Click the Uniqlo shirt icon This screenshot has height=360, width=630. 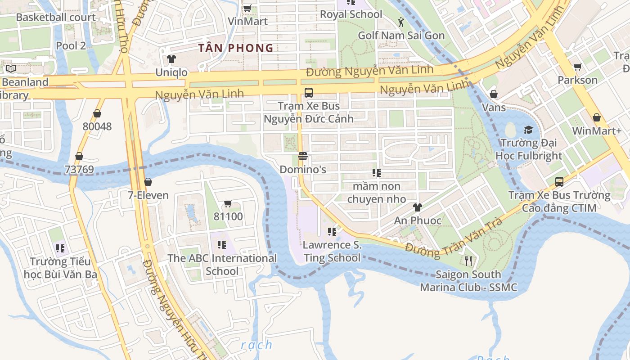coord(171,59)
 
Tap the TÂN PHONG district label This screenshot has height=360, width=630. coord(236,48)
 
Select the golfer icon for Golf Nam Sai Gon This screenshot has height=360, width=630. coord(401,22)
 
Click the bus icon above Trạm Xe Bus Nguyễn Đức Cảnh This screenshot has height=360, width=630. coord(308,93)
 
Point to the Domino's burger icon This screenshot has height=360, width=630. coord(302,156)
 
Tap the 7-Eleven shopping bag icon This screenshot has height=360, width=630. coord(148,182)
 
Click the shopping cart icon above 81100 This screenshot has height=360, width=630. coord(228,203)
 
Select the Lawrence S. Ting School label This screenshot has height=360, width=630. coord(332,252)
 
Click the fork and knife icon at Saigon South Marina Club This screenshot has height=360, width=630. coord(468,261)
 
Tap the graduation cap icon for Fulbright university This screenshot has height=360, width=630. coord(528,130)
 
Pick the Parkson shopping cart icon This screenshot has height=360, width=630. coord(577,67)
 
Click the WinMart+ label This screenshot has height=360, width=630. coord(596,131)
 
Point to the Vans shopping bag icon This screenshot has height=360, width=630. coord(494,94)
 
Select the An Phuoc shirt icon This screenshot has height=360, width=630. coord(418,207)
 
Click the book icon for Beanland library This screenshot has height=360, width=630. coord(11,69)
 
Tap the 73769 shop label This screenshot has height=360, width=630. coord(79,170)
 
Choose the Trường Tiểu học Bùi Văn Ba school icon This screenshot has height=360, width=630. coord(60,248)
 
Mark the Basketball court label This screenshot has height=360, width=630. coord(56,18)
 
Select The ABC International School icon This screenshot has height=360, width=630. coord(221,244)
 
